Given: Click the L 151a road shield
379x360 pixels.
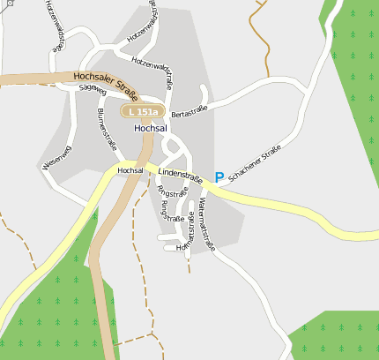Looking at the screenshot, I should pyautogui.click(x=143, y=112).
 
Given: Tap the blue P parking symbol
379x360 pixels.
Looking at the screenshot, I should pyautogui.click(x=219, y=177).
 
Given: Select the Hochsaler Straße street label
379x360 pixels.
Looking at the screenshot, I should pyautogui.click(x=106, y=84).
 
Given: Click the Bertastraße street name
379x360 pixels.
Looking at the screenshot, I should pyautogui.click(x=189, y=111).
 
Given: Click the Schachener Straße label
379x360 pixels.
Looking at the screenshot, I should pyautogui.click(x=255, y=163).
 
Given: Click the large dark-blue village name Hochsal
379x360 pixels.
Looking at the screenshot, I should pyautogui.click(x=151, y=128).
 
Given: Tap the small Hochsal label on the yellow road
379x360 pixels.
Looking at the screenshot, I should pyautogui.click(x=130, y=170).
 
